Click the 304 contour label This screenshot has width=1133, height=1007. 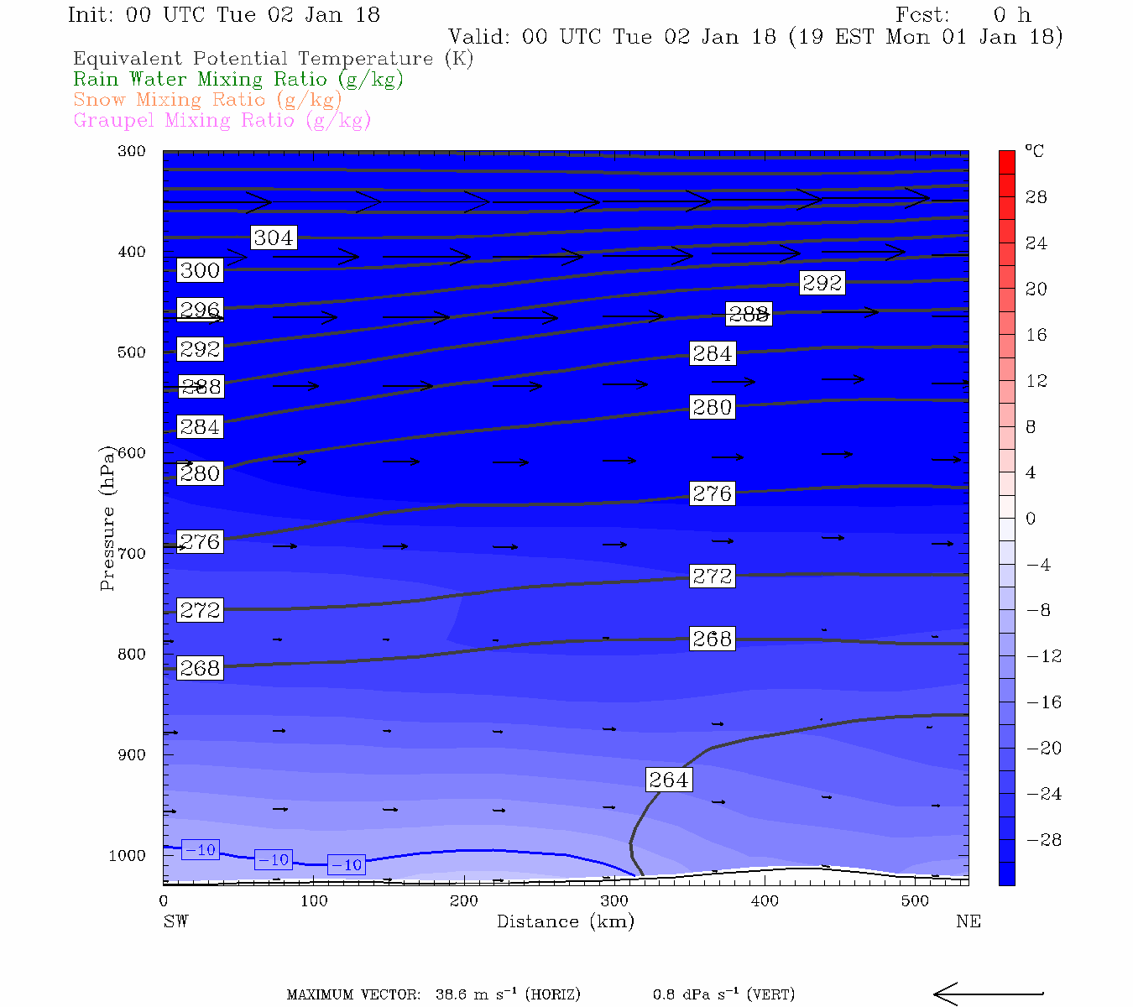pos(274,237)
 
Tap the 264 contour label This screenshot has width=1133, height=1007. pos(669,780)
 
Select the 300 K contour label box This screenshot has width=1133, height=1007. pos(200,270)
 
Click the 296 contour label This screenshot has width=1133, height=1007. pos(200,310)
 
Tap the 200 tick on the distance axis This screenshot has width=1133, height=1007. pos(464,901)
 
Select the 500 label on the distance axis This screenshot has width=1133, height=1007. pos(916,901)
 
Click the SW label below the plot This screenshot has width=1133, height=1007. pos(175,921)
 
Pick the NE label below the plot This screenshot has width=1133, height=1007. pos(968,921)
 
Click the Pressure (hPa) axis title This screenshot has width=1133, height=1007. pos(107,518)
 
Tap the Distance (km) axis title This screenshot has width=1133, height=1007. pos(565,921)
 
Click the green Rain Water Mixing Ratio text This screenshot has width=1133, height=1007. pos(238,79)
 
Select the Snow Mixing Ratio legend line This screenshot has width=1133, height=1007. pos(207,99)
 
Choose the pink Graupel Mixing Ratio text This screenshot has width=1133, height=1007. pos(222,120)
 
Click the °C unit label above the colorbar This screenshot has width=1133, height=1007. pos(1034,152)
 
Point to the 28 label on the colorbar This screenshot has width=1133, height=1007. pos(1036,197)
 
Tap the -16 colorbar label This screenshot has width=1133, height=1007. pos(1043,702)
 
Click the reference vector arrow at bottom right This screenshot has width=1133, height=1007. pos(988,994)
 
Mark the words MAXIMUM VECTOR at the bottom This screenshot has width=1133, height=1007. pos(353,995)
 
